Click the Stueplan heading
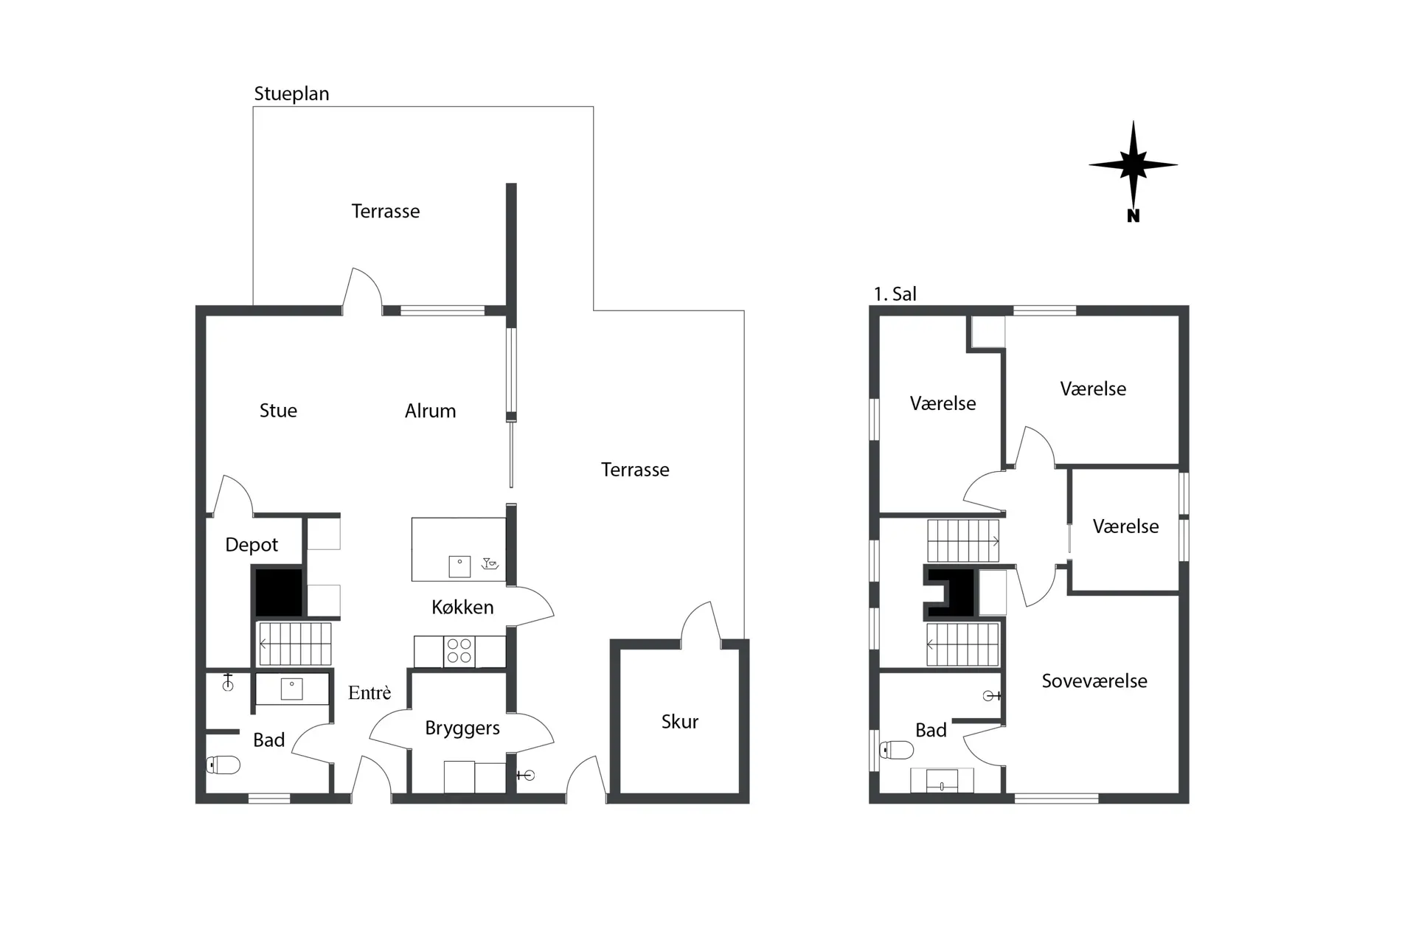291,94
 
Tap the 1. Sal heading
895,294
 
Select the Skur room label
679,721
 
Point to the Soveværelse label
1094,681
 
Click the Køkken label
462,607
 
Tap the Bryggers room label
462,728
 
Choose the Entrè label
369,692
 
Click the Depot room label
251,545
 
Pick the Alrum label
430,411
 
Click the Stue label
278,411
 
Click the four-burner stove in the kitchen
459,652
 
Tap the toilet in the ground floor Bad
223,765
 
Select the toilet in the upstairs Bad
896,751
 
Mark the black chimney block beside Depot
278,591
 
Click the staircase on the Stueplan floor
294,644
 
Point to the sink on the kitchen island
459,566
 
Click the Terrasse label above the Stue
386,212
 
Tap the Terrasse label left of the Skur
635,470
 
